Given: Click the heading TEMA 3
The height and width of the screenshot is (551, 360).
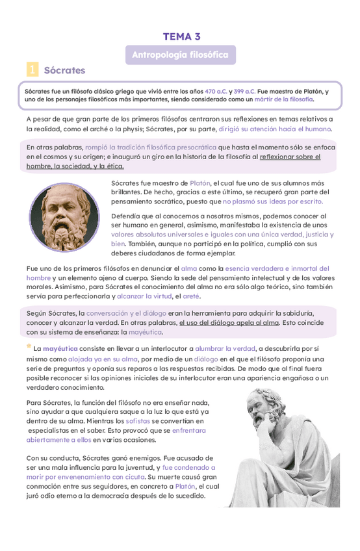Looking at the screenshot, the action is [181, 36].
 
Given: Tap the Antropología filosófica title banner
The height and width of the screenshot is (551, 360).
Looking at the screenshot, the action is [180, 55].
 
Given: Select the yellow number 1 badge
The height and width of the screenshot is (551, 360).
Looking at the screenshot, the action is [32, 70].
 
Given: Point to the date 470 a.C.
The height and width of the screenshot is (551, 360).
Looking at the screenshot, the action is [215, 92].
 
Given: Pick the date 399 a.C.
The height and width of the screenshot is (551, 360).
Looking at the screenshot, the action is [244, 92].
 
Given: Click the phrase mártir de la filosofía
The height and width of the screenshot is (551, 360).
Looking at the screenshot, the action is [284, 99].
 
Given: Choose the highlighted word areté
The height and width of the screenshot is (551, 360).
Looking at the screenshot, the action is [191, 296].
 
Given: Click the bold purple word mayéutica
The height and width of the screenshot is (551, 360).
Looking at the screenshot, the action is [60, 348].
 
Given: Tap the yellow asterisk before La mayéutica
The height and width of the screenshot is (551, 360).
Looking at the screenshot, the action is [29, 346].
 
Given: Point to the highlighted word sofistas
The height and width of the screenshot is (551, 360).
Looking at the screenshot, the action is [137, 421].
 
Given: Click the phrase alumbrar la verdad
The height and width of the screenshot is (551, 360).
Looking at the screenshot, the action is [224, 348].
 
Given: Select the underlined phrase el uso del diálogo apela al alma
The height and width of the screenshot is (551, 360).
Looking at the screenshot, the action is [229, 322].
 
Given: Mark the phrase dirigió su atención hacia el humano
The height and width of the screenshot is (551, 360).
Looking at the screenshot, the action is [275, 129].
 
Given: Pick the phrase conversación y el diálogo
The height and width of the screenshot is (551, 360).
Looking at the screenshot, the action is [126, 313].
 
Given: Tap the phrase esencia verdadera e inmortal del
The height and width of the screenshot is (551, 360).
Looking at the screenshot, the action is [277, 268].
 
